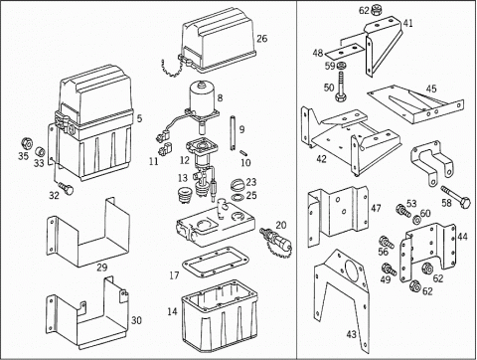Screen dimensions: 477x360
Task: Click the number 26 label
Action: point(261,39)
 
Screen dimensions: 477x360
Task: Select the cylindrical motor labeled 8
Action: point(202,98)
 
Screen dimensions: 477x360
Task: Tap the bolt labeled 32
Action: point(66,189)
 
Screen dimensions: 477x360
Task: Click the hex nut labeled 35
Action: point(27,144)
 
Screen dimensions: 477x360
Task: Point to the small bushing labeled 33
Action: point(41,152)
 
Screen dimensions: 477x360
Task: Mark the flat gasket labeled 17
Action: point(215,262)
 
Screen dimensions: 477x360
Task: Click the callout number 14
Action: point(172,311)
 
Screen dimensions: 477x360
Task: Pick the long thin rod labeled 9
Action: point(232,132)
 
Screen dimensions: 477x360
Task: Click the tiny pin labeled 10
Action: point(244,153)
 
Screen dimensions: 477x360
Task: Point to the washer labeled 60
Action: point(417,220)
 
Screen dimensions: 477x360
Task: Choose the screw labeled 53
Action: point(403,211)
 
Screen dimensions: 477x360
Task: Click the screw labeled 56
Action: point(387,242)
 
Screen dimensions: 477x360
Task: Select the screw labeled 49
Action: point(389,270)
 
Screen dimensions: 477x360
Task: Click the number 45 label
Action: point(431,89)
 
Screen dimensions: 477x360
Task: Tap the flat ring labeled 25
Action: point(238,198)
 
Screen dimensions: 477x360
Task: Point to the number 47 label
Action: point(376,208)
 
